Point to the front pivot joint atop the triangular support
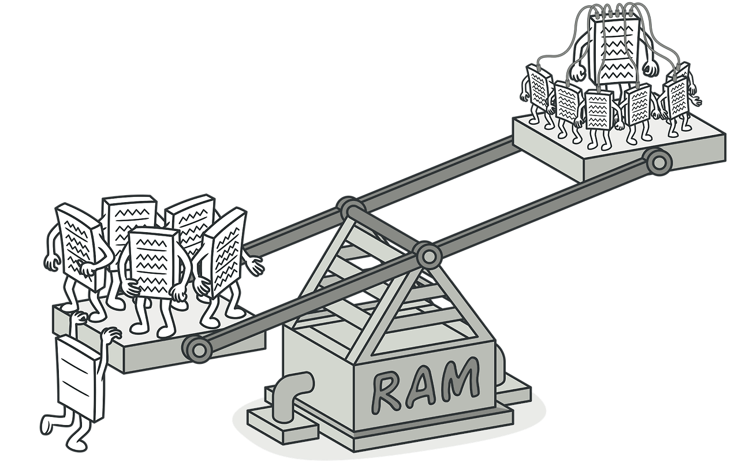[x=428, y=254]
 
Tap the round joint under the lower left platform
[x=196, y=348]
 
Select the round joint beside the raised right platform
[x=657, y=162]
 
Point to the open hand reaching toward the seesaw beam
[x=252, y=266]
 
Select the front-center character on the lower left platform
[x=152, y=263]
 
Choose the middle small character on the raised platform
[x=599, y=110]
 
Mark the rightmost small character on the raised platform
[x=677, y=92]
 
